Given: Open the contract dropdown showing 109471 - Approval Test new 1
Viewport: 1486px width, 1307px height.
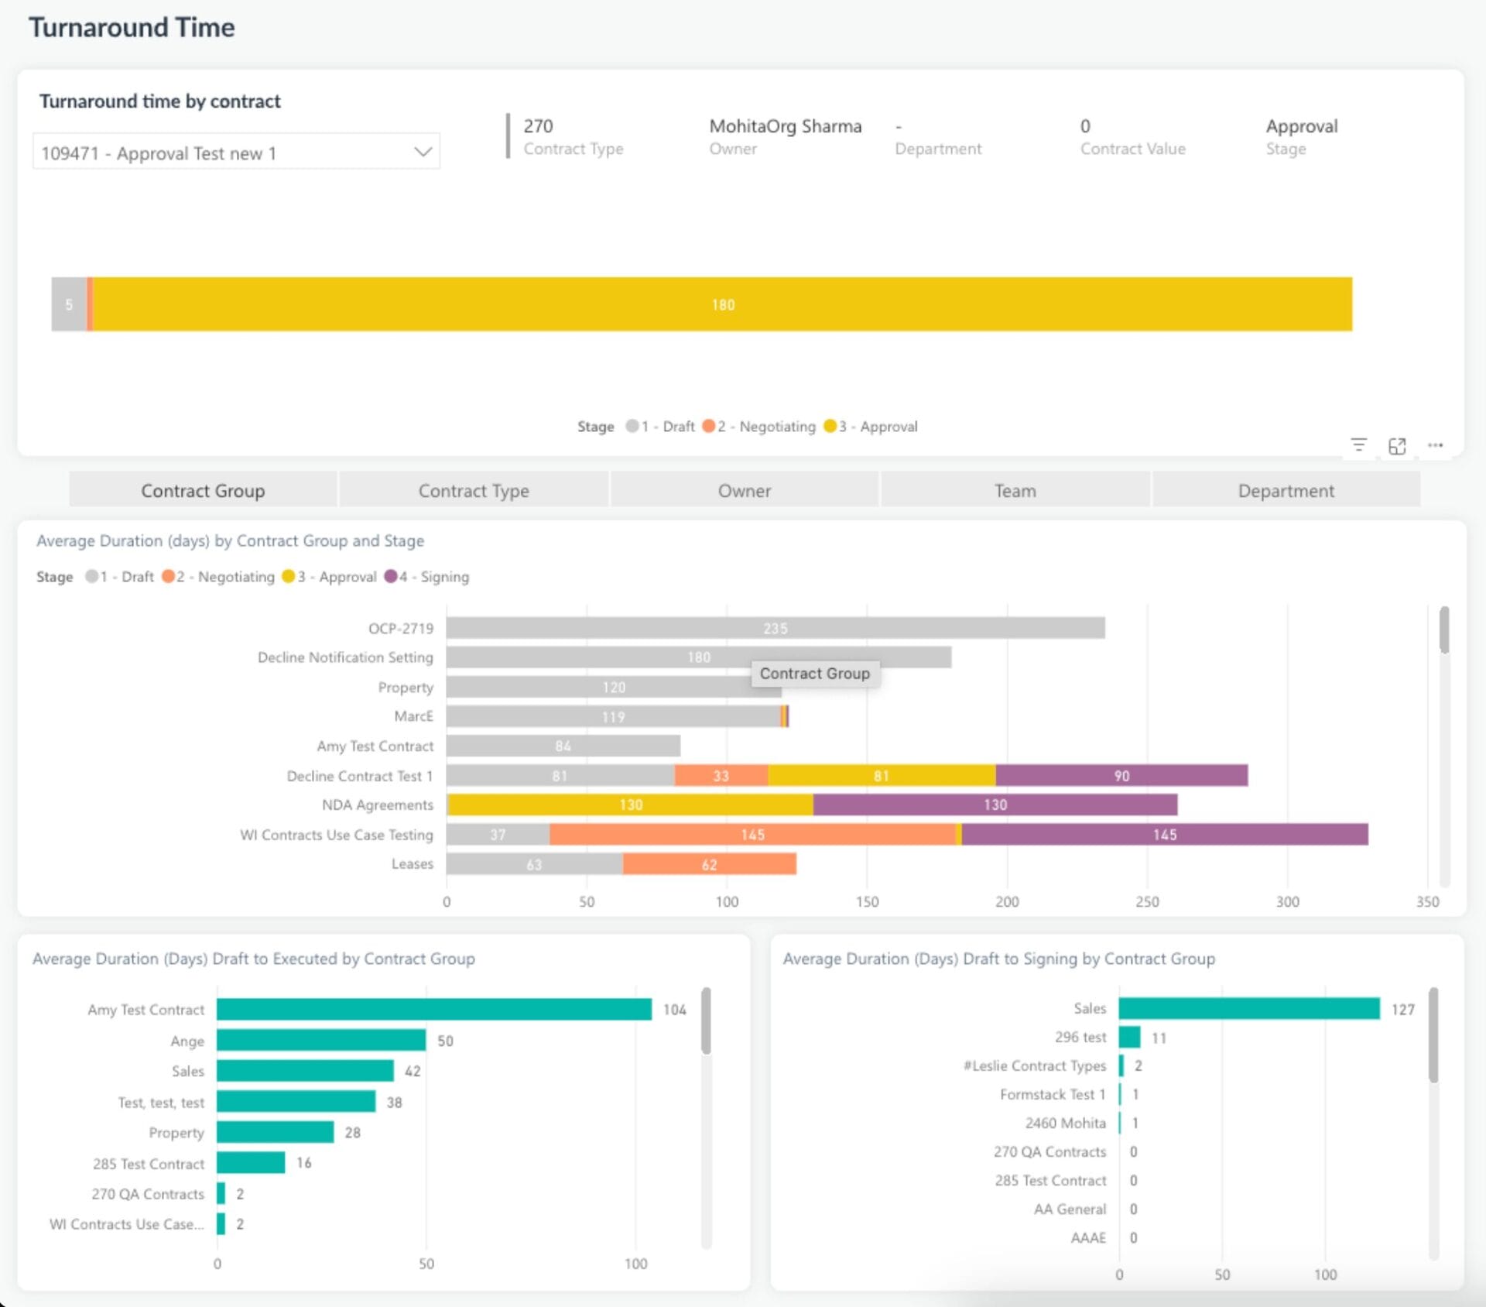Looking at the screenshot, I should click(x=236, y=153).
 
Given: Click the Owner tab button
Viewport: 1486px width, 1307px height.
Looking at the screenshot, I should click(x=744, y=491).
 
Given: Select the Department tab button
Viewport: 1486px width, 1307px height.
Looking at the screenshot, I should click(x=1286, y=491).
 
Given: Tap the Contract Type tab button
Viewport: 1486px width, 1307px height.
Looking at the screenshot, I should click(x=474, y=491).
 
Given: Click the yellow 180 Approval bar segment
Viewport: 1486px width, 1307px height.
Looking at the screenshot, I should click(x=723, y=304).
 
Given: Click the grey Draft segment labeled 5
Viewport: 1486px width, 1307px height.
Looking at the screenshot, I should click(x=69, y=304).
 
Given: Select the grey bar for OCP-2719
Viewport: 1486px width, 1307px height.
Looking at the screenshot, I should click(x=775, y=628).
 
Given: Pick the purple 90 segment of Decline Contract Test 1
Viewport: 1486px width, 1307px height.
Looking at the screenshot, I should click(x=1121, y=775).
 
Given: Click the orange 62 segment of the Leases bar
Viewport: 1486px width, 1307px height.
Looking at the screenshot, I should click(x=709, y=864).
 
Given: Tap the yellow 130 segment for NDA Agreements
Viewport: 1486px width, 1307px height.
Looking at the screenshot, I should click(x=630, y=805).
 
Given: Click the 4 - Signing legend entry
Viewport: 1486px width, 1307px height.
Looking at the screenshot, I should click(x=427, y=577).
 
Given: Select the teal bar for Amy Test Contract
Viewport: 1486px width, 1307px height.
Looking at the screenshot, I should click(x=433, y=1010).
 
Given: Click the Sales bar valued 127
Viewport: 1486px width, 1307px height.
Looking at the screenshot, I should click(x=1248, y=1009).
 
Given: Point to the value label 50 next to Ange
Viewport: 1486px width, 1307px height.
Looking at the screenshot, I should click(x=445, y=1041).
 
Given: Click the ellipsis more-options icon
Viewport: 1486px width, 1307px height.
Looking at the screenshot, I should click(x=1435, y=446).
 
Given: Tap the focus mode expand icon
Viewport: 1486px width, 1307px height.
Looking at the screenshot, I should click(x=1396, y=446).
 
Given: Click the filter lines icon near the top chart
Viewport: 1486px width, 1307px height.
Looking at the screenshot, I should click(x=1358, y=445).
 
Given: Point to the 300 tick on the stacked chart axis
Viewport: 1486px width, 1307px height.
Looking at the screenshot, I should click(x=1287, y=902).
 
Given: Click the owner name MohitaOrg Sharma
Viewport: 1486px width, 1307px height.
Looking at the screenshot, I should click(x=785, y=126).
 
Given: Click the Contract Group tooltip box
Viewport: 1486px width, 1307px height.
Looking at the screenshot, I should click(x=814, y=674).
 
